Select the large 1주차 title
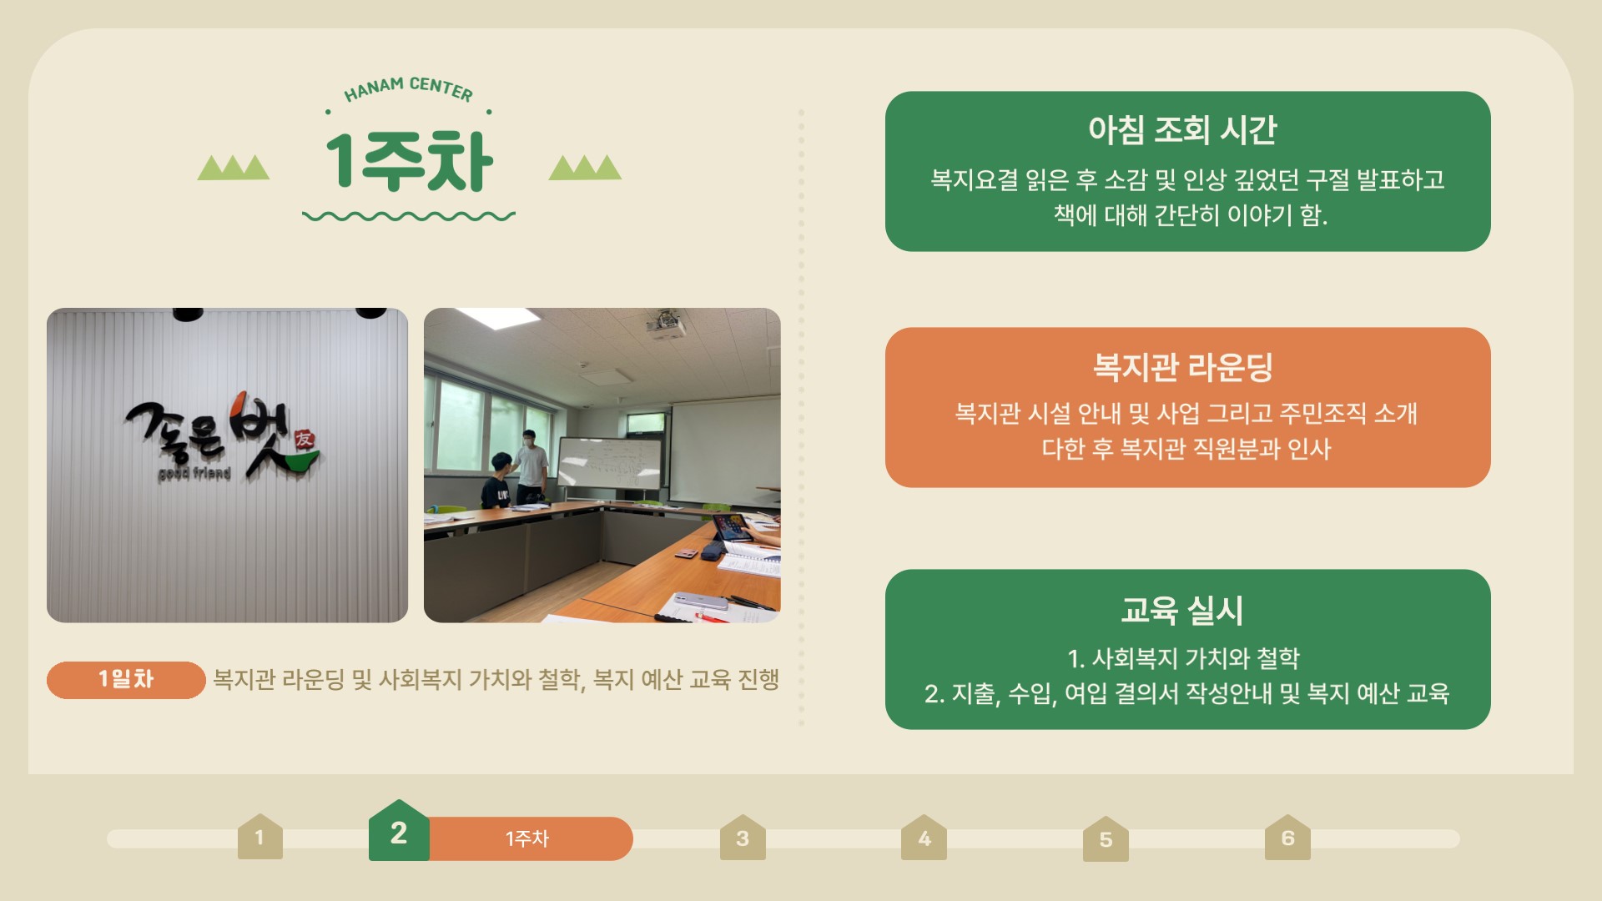pos(409,161)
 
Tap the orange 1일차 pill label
pos(126,679)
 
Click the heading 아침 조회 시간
pos(1182,129)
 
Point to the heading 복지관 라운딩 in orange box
pos(1183,366)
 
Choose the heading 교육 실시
pos(1182,610)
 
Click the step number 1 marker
pos(260,837)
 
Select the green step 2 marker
pos(399,831)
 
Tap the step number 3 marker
pos(743,838)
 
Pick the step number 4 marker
pos(924,838)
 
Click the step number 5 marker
pos(1106,839)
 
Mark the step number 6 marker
pos(1287,838)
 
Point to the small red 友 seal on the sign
pos(305,440)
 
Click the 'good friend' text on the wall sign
pos(194,474)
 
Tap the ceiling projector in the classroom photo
pos(665,325)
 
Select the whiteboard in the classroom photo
pos(610,462)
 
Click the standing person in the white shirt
pos(530,466)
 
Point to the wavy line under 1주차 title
pos(409,216)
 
